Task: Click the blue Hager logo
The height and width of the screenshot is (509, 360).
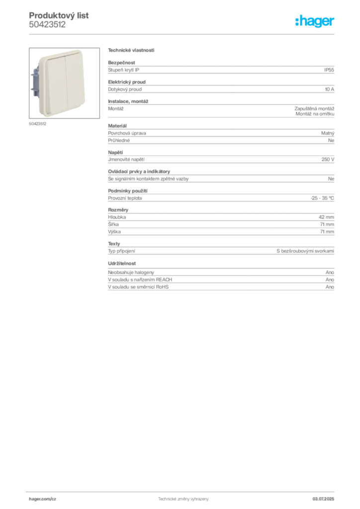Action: (x=315, y=21)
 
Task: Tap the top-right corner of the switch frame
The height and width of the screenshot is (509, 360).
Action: (x=85, y=52)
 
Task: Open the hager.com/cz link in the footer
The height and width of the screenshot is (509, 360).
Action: (x=42, y=498)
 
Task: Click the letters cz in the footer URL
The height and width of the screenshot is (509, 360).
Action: (x=54, y=498)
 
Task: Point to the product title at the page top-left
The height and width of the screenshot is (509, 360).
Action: (x=60, y=16)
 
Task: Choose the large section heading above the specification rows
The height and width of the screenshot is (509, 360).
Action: (x=130, y=51)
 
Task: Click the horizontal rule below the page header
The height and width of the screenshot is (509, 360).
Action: (x=183, y=33)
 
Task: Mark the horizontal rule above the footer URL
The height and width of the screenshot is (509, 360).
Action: (x=183, y=490)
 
